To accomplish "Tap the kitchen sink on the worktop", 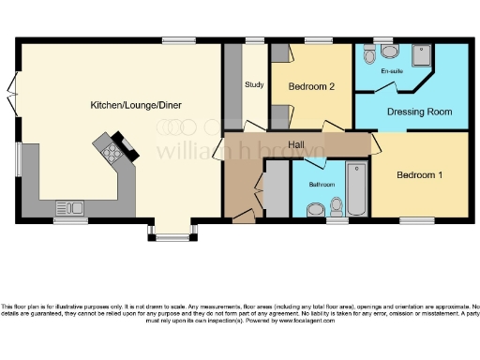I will tap(69, 206).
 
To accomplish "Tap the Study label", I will tap(253, 85).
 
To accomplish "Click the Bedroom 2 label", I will tap(311, 87).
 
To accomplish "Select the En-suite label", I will tap(391, 70).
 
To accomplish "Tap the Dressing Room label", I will tap(420, 112).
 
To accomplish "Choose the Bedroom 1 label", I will tap(420, 175).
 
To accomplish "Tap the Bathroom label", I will tap(322, 185).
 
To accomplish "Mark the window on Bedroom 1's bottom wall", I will tap(416, 220).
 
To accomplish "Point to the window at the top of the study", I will tap(253, 40).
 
